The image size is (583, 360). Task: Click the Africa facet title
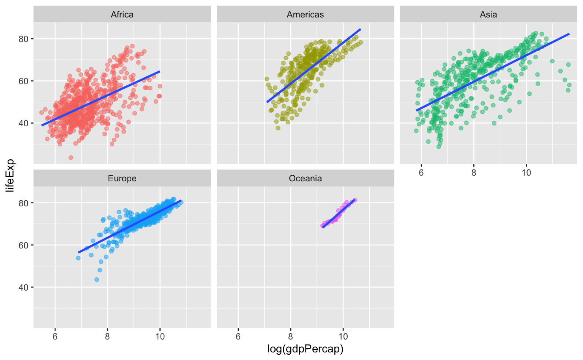coord(122,14)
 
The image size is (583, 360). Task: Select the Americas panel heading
coord(305,14)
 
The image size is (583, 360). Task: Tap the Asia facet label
coord(488,14)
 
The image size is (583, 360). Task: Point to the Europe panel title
coord(122,178)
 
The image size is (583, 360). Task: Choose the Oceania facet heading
coord(305,178)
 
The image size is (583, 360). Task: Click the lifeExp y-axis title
coord(10,175)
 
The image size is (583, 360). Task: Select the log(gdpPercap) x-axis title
coord(305,349)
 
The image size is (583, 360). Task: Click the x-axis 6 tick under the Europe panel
coord(55,336)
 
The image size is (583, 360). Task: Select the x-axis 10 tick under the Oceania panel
coord(343,336)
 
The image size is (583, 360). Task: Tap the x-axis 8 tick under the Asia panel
coord(474,172)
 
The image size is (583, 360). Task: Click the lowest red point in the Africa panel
coord(71,157)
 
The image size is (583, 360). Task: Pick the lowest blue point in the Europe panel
coord(96,280)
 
